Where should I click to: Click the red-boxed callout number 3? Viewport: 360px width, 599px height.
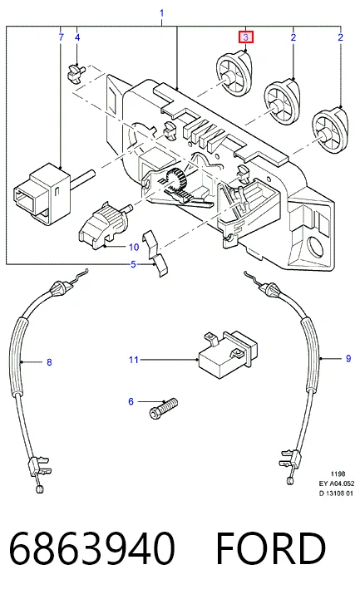click(246, 37)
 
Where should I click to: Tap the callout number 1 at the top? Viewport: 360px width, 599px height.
click(161, 13)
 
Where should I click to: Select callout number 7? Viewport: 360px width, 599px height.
click(62, 37)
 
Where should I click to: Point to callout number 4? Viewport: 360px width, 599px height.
click(77, 37)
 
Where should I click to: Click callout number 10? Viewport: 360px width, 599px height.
click(133, 248)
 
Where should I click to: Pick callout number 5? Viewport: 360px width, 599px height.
click(133, 264)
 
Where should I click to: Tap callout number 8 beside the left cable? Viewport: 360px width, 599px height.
click(49, 362)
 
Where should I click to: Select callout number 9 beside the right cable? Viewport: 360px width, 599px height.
click(348, 358)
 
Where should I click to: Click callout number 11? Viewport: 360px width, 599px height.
click(133, 360)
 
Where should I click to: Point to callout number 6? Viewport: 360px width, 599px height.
click(131, 401)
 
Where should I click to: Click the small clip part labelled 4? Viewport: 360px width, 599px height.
click(76, 72)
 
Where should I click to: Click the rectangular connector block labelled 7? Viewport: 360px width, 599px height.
click(45, 191)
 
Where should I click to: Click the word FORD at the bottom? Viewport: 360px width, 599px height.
click(271, 548)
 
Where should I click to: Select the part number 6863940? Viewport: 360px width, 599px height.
click(92, 548)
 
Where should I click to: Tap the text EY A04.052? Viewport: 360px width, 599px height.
click(337, 484)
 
